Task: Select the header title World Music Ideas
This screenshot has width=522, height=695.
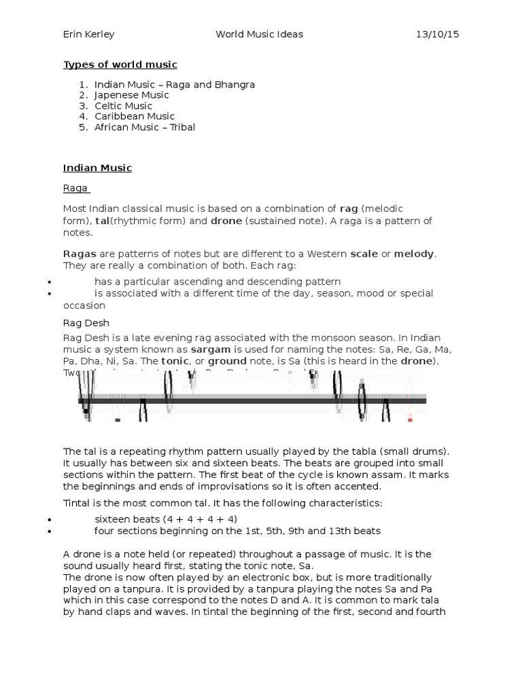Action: (259, 34)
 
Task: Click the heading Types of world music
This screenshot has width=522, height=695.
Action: (120, 64)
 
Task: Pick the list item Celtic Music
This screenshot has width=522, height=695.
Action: (123, 106)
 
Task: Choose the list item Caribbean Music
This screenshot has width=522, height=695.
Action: (135, 116)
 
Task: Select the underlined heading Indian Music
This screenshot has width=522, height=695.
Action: (97, 168)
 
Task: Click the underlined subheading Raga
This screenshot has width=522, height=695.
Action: (75, 189)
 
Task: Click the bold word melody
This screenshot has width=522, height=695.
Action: (413, 253)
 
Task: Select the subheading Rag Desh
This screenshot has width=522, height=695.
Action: (86, 323)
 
